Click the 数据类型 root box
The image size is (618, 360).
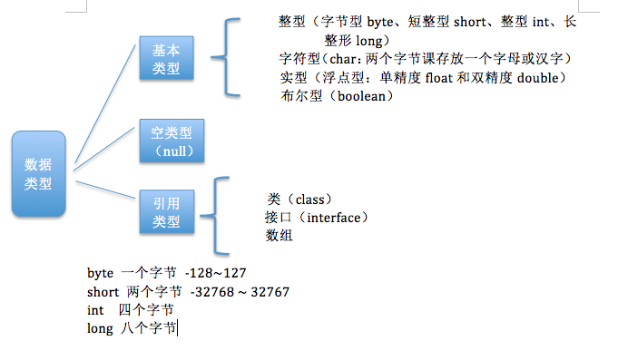click(x=38, y=174)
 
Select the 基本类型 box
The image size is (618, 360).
click(x=166, y=60)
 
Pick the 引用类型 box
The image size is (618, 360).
click(x=166, y=213)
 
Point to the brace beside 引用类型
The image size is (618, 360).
click(x=211, y=217)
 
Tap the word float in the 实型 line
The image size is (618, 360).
click(x=441, y=78)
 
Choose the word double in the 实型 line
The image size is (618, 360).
click(x=541, y=78)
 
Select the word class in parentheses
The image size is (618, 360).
click(x=312, y=199)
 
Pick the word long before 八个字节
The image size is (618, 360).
click(x=99, y=328)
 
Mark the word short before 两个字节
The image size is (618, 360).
click(x=102, y=291)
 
